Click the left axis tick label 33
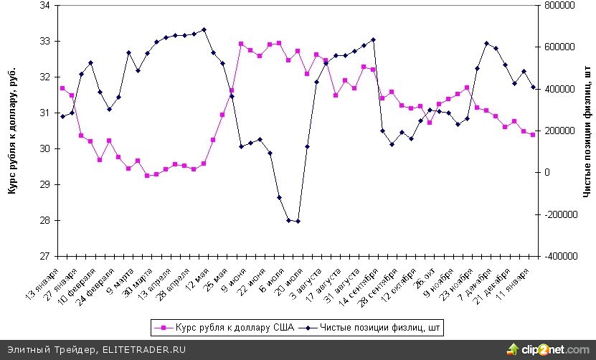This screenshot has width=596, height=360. [44, 41]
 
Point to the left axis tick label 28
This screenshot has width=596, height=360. [44, 220]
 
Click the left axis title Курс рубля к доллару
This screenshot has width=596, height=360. [12, 131]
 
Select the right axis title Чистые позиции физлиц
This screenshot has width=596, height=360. [586, 131]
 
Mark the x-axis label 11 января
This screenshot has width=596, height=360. [516, 280]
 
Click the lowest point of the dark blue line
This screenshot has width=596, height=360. [298, 221]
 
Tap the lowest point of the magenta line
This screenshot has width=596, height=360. [147, 176]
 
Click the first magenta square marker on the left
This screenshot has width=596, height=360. [62, 88]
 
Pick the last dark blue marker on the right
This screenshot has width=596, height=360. [533, 87]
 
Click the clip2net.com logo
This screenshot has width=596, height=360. [548, 349]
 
